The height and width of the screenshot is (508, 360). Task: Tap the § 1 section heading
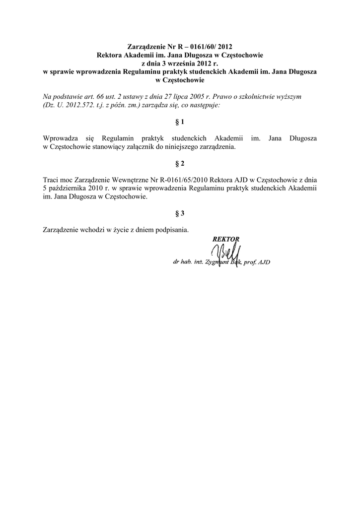pyautogui.click(x=180, y=121)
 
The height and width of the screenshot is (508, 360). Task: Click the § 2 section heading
pyautogui.click(x=180, y=163)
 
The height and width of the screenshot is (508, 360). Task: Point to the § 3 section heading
pyautogui.click(x=180, y=213)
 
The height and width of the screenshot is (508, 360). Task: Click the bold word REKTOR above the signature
pyautogui.click(x=226, y=239)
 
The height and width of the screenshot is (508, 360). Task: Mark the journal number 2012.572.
pyautogui.click(x=81, y=105)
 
